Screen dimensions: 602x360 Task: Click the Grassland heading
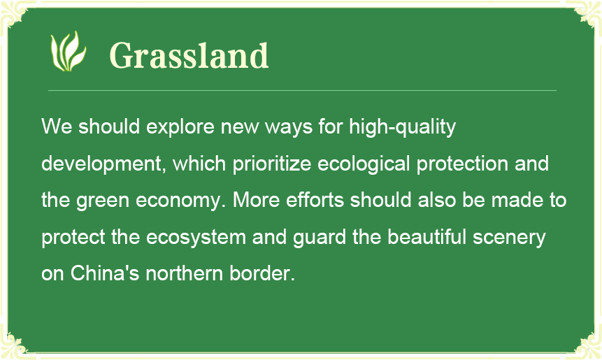(189, 56)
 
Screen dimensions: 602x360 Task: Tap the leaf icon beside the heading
(69, 51)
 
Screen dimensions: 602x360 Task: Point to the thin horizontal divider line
(302, 91)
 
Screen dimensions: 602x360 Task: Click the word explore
(180, 127)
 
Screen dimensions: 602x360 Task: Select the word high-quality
(402, 127)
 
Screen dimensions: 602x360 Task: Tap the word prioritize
(272, 164)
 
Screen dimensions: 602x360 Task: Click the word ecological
(364, 164)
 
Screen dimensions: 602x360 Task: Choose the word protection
(462, 164)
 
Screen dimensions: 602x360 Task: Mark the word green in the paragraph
(103, 201)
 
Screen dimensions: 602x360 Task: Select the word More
(256, 200)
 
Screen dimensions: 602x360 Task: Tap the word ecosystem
(196, 238)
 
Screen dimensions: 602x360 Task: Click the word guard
(320, 238)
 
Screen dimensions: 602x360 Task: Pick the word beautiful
(427, 237)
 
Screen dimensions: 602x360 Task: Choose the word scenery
(509, 238)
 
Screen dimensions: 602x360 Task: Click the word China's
(104, 273)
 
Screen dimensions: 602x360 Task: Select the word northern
(185, 273)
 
